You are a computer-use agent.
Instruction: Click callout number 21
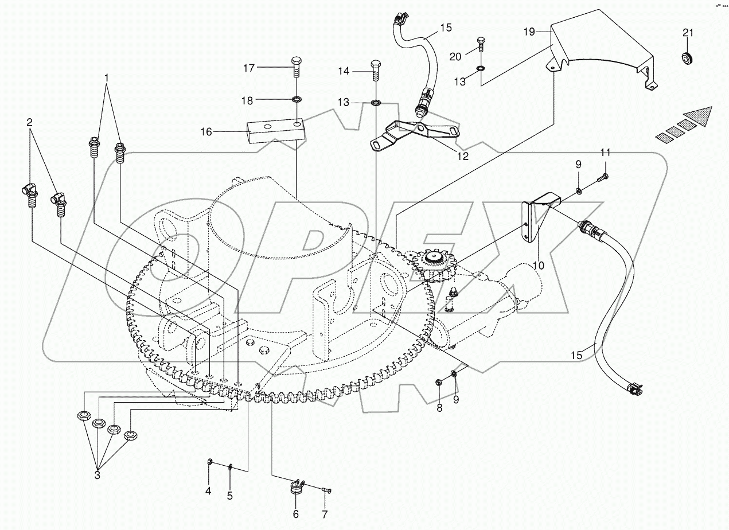pos(688,33)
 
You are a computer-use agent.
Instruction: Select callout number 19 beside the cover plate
pos(529,32)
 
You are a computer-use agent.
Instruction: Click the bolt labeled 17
pos(297,68)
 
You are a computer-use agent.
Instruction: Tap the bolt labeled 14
pos(376,70)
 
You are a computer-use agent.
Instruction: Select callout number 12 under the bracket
pos(462,155)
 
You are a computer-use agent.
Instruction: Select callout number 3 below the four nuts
pos(97,475)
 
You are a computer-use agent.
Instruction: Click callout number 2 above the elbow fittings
pos(29,122)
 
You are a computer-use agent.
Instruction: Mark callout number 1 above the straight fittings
pos(106,76)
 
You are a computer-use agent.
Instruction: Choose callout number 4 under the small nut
pos(208,491)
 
